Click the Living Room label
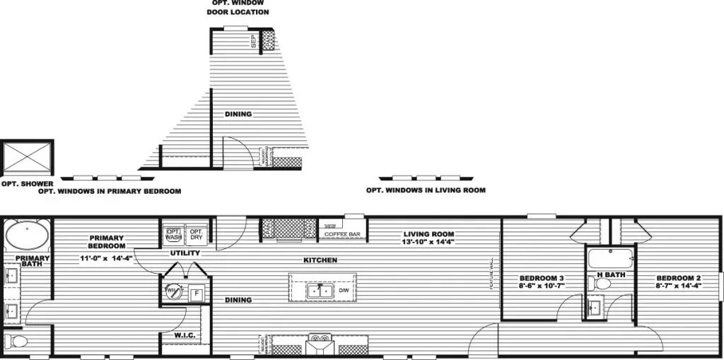click(x=428, y=234)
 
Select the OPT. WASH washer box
click(x=173, y=234)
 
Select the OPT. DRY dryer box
click(x=196, y=234)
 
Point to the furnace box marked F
click(x=197, y=293)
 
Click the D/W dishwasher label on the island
click(x=343, y=291)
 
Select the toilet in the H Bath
click(x=599, y=284)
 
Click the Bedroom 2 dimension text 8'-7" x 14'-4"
click(x=678, y=286)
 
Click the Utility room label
click(x=185, y=252)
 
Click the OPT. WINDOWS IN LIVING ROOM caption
click(x=426, y=190)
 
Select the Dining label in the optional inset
click(x=238, y=114)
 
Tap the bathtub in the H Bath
click(x=607, y=257)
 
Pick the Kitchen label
click(x=320, y=260)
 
